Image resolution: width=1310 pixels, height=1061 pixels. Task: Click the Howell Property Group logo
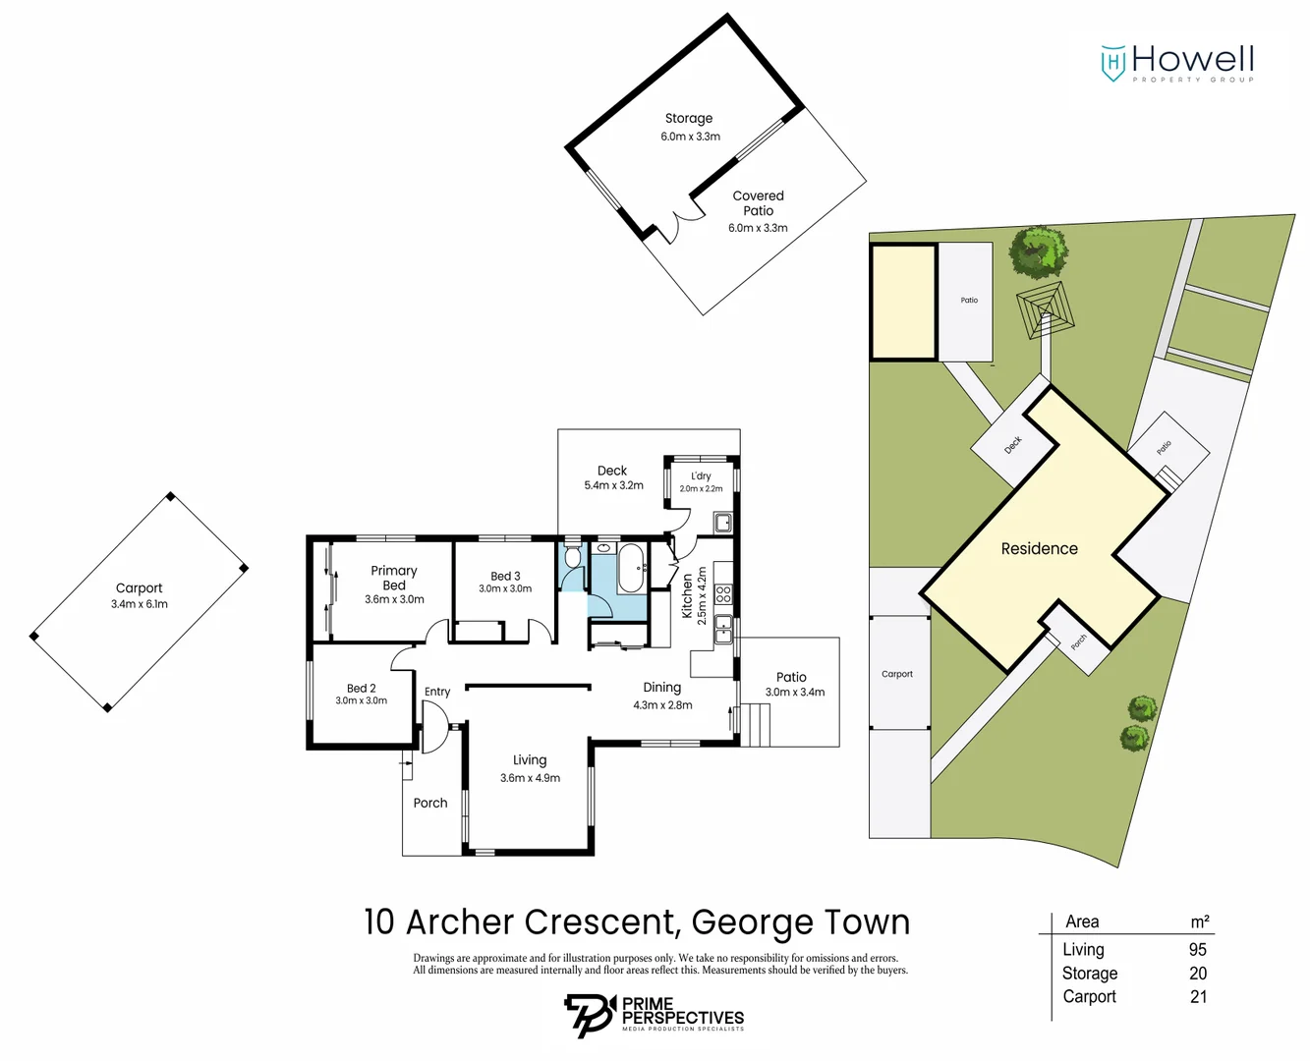pyautogui.click(x=1177, y=63)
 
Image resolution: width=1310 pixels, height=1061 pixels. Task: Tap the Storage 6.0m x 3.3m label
pyautogui.click(x=689, y=127)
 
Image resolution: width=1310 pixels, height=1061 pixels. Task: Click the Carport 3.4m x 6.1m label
pyautogui.click(x=139, y=595)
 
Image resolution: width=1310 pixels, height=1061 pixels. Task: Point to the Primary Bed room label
pyautogui.click(x=394, y=584)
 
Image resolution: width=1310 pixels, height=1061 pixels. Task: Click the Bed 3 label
pyautogui.click(x=505, y=582)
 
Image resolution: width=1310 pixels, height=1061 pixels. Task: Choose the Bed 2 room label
pyautogui.click(x=361, y=694)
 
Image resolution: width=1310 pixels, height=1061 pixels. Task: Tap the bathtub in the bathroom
pyautogui.click(x=631, y=568)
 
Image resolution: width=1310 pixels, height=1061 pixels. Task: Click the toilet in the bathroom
pyautogui.click(x=573, y=558)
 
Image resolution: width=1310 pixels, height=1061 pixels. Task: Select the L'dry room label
pyautogui.click(x=701, y=481)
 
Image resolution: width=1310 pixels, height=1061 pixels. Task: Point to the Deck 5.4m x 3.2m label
pyautogui.click(x=613, y=477)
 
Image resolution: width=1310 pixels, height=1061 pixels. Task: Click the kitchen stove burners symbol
pyautogui.click(x=723, y=593)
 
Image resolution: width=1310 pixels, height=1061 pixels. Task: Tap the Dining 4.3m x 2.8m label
pyautogui.click(x=662, y=696)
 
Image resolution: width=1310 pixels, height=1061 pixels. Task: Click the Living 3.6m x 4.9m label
pyautogui.click(x=530, y=768)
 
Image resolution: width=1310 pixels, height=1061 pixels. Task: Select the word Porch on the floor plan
pyautogui.click(x=430, y=803)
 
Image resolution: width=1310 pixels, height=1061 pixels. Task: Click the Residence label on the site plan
pyautogui.click(x=1039, y=549)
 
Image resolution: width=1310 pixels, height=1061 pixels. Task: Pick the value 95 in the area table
pyautogui.click(x=1197, y=950)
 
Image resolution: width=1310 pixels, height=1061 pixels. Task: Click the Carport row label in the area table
pyautogui.click(x=1089, y=997)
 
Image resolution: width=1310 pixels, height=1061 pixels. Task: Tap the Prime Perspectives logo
pyautogui.click(x=654, y=1015)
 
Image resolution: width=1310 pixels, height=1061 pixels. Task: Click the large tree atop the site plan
pyautogui.click(x=1039, y=250)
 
